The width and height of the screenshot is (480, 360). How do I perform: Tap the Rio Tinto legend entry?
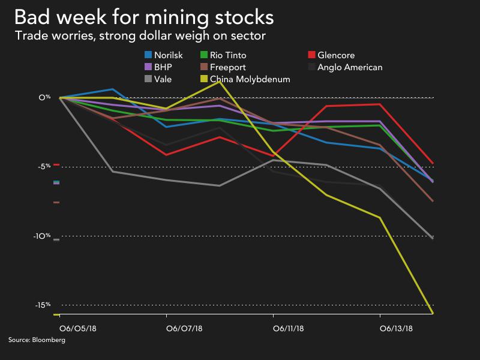pyautogui.click(x=230, y=56)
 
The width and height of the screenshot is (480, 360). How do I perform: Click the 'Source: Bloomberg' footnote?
pyautogui.click(x=36, y=340)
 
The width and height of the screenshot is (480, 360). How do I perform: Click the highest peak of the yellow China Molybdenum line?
pyautogui.click(x=220, y=81)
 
